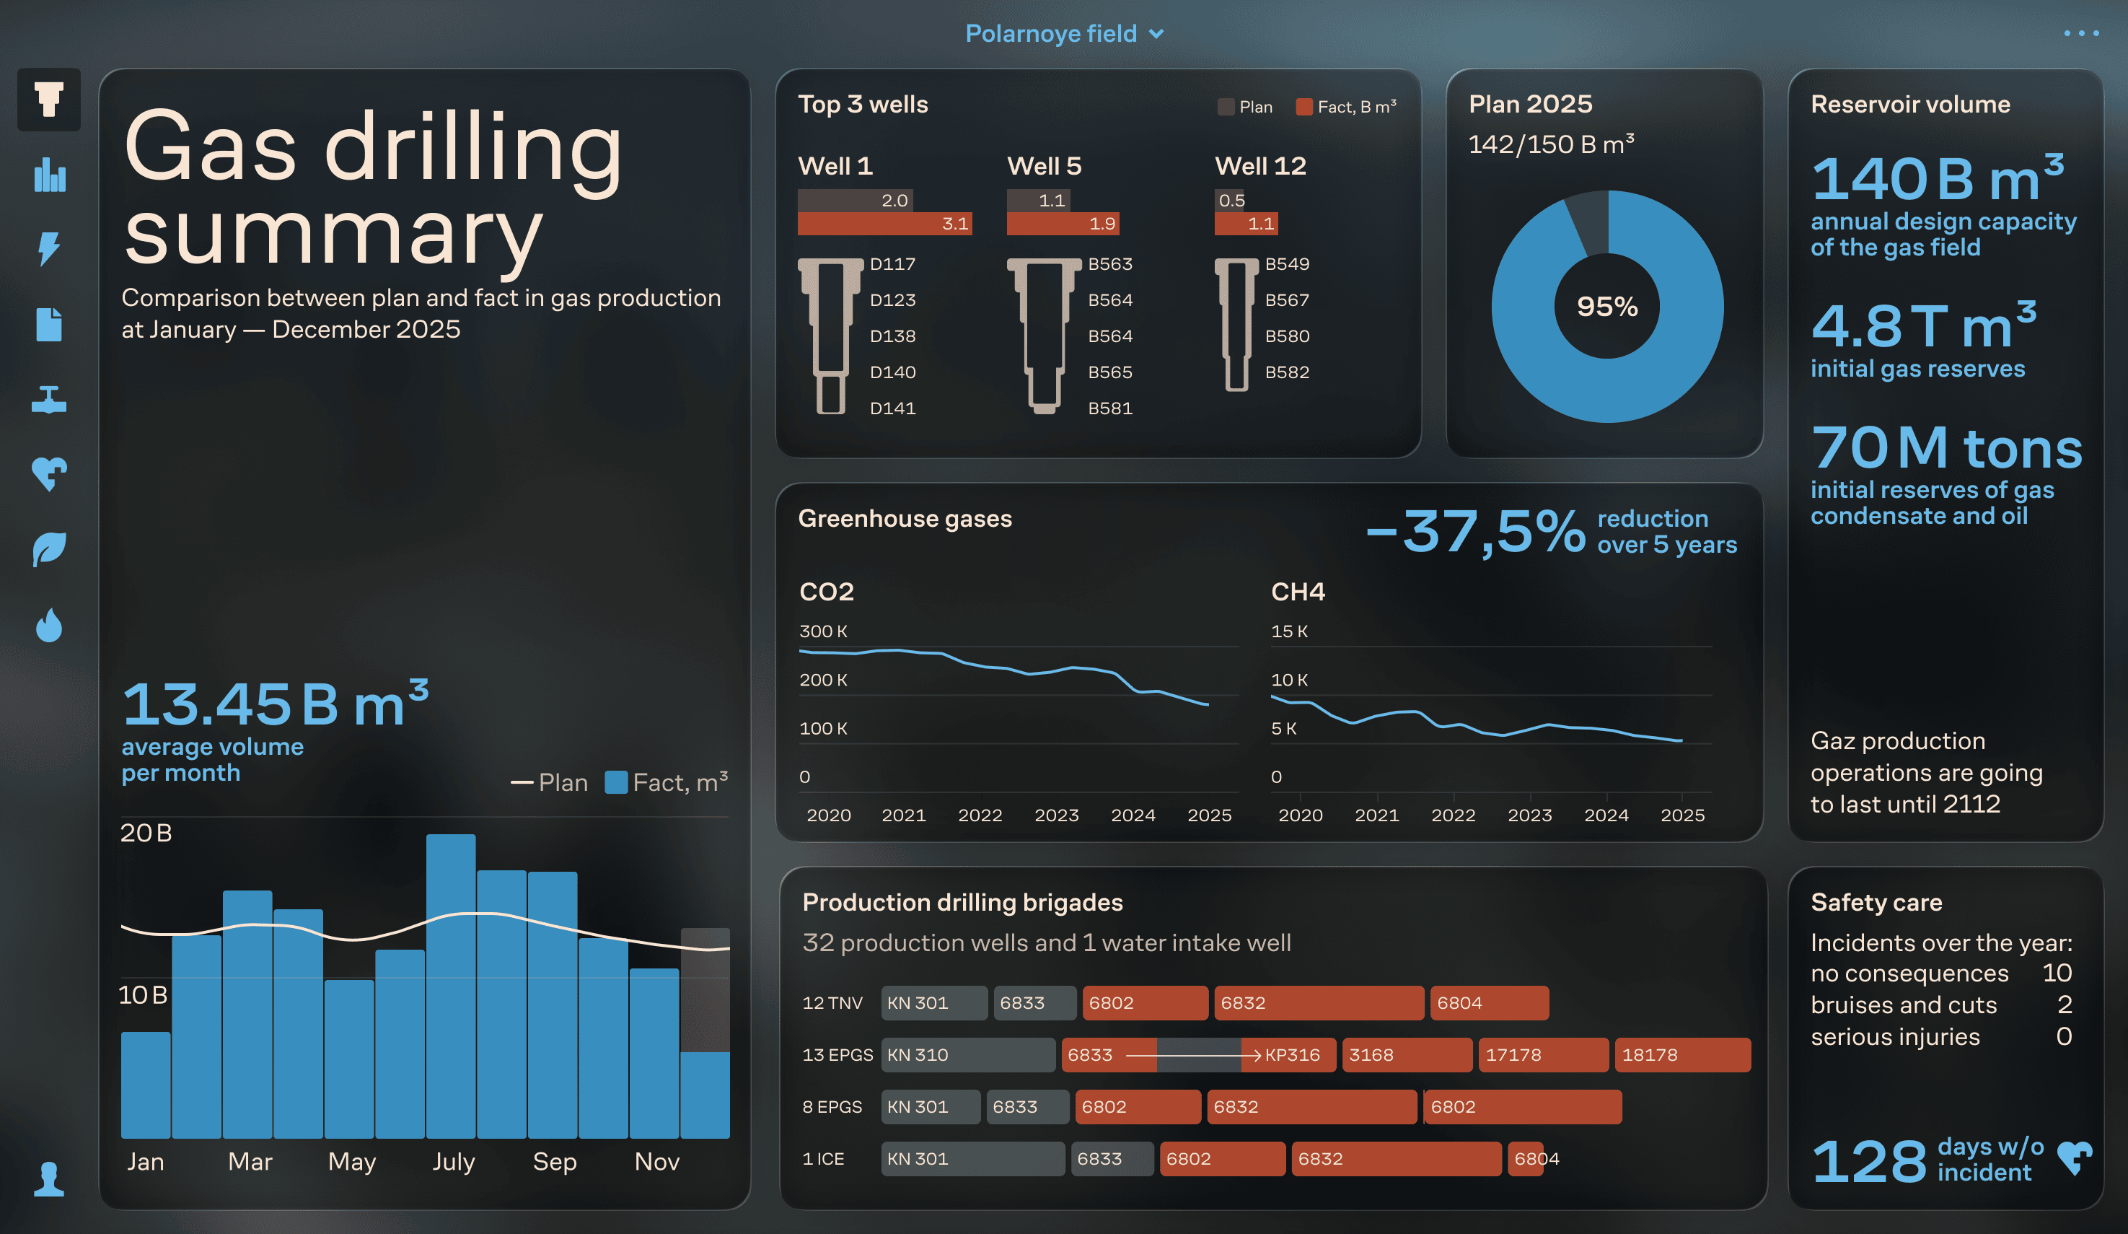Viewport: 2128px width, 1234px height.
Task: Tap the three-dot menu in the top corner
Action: tap(2080, 34)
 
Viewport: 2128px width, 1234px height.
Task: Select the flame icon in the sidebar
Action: tap(49, 626)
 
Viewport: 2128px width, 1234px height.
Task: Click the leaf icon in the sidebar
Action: tap(49, 550)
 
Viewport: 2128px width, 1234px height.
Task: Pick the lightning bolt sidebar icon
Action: tap(49, 249)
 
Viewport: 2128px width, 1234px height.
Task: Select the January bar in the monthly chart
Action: tap(145, 1085)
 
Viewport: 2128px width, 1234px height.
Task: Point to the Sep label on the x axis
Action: tap(555, 1163)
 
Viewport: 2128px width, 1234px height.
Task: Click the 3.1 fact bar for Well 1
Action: tap(884, 224)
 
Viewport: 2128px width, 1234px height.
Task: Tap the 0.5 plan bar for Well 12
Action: tap(1231, 200)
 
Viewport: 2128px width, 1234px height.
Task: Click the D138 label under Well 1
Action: tap(892, 336)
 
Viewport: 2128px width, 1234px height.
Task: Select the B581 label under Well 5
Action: tap(1109, 408)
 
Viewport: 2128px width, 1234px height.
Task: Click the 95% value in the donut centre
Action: tap(1607, 307)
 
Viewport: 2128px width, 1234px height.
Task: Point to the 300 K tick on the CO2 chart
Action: tap(823, 631)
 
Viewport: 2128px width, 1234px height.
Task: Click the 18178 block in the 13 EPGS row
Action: tap(1681, 1055)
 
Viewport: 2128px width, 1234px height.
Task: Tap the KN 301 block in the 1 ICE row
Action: tap(971, 1159)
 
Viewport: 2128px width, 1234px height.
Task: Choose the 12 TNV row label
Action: tap(832, 1003)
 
